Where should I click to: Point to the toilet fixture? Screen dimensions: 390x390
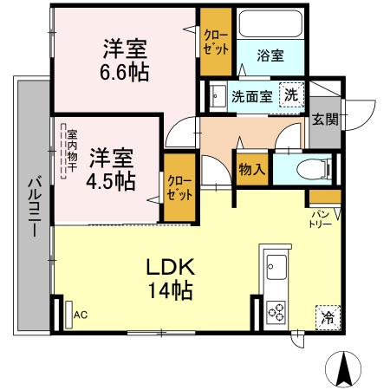(x=306, y=168)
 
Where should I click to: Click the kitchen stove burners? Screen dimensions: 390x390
(x=276, y=309)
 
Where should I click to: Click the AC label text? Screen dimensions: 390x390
(x=81, y=315)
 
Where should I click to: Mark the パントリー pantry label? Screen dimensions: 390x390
(x=320, y=218)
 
